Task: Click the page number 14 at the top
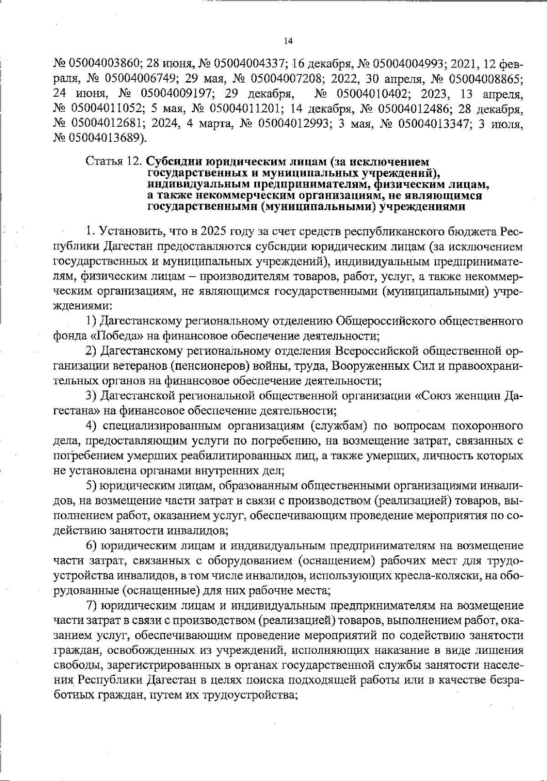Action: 288,41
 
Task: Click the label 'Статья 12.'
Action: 114,162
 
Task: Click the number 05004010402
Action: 363,93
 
